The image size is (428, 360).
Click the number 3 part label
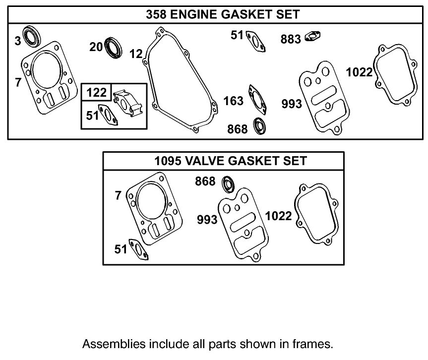click(x=18, y=41)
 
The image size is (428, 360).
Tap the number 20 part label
click(x=96, y=47)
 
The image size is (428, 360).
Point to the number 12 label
click(x=136, y=54)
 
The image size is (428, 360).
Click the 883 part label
click(x=291, y=39)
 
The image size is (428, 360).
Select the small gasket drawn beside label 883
click(x=313, y=36)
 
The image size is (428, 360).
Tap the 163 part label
click(x=234, y=101)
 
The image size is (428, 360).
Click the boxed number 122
click(x=97, y=93)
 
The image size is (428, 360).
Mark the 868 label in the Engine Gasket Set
click(x=237, y=129)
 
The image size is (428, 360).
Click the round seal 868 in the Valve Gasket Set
click(x=228, y=183)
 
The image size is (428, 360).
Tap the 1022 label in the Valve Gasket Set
click(x=279, y=216)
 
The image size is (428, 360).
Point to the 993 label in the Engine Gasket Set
click(x=292, y=104)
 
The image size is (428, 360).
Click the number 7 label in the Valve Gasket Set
click(x=118, y=196)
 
